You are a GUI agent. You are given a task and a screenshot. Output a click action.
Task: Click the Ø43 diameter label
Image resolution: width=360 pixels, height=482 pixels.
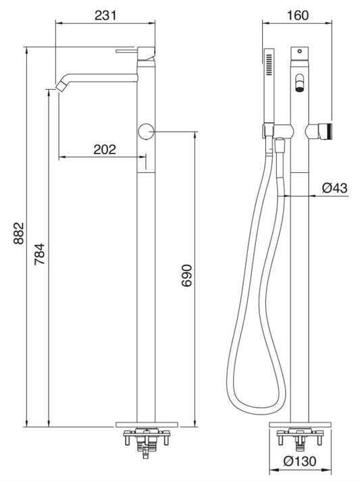click(334, 189)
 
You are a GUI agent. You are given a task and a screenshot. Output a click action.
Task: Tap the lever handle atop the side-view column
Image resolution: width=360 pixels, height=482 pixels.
click(133, 50)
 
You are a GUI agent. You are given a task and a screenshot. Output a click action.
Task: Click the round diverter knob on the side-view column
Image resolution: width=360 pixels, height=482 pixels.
click(145, 132)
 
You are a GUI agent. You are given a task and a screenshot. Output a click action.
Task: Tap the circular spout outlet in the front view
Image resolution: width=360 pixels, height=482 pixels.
click(299, 86)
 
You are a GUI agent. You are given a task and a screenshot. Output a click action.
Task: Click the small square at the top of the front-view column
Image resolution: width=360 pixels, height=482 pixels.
click(299, 51)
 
